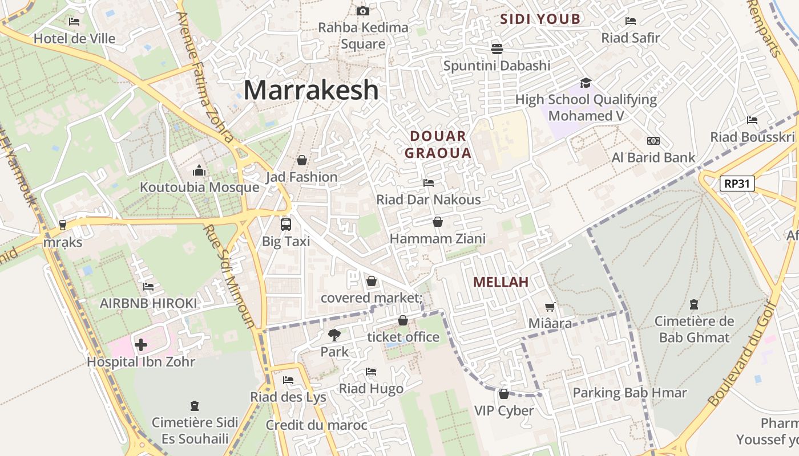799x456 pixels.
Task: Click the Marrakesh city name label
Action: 311,90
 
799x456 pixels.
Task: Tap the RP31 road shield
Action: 737,184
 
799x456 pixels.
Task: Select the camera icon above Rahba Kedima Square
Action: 362,11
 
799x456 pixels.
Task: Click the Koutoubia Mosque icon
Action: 199,170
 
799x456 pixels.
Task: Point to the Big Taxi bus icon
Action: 286,224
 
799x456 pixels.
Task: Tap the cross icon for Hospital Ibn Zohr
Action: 141,345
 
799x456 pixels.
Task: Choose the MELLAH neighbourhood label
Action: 501,282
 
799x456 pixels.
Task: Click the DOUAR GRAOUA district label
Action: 438,144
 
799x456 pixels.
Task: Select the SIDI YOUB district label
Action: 540,19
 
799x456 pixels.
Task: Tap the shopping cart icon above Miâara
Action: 550,307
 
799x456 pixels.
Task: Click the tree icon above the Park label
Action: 334,335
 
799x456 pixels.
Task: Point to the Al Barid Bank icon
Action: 653,141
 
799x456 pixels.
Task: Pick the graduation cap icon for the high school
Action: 586,83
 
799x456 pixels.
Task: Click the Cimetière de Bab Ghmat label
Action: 694,329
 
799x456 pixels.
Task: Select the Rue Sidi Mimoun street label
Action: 230,276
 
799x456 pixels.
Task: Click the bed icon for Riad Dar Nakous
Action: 429,182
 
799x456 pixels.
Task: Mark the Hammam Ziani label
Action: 438,238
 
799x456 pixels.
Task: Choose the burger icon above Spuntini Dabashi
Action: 497,48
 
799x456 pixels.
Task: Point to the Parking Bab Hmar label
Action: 629,393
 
